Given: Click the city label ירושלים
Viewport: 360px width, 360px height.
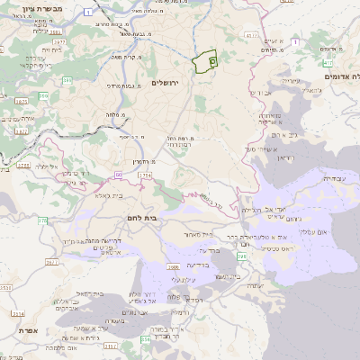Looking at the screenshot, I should [167, 83].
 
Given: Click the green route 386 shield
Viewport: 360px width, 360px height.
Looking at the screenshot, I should [43, 81].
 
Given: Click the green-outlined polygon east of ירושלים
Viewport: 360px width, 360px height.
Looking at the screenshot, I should [205, 61].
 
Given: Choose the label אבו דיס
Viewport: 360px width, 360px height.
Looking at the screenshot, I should [259, 92].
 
